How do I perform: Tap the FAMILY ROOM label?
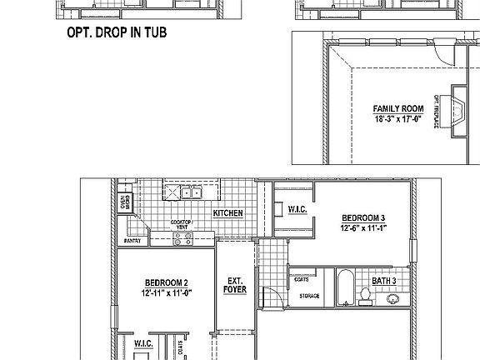pyautogui.click(x=397, y=109)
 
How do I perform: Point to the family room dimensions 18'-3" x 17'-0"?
pyautogui.click(x=397, y=119)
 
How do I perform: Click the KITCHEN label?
pyautogui.click(x=227, y=213)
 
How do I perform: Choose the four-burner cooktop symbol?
pyautogui.click(x=182, y=238)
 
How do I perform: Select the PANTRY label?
pyautogui.click(x=132, y=241)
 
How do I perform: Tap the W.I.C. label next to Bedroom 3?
pyautogui.click(x=297, y=209)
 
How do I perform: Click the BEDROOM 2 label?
pyautogui.click(x=166, y=282)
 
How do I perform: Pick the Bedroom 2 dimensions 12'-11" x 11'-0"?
pyautogui.click(x=166, y=292)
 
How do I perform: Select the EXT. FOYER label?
pyautogui.click(x=233, y=286)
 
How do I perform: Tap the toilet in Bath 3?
pyautogui.click(x=365, y=295)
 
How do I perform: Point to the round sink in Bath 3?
pyautogui.click(x=393, y=297)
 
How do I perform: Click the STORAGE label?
pyautogui.click(x=310, y=296)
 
